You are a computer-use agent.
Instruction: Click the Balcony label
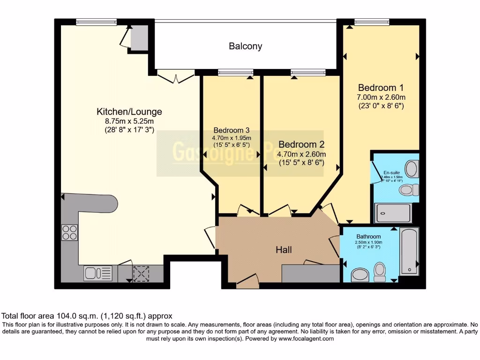point(245,46)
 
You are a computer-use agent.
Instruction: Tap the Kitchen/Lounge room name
point(129,112)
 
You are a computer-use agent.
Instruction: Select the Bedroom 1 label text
point(381,88)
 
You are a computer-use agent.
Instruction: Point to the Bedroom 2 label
point(301,144)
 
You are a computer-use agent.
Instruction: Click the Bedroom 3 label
point(232,130)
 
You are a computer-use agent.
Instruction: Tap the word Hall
point(283,250)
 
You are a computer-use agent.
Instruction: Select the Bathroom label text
point(368,237)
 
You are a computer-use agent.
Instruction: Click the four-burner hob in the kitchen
point(69,232)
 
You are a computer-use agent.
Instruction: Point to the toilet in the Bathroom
point(380,271)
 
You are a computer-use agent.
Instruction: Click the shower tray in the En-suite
point(393,213)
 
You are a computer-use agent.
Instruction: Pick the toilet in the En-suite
point(409,189)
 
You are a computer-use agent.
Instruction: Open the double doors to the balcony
point(175,76)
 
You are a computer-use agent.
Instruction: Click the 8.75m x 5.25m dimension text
point(129,121)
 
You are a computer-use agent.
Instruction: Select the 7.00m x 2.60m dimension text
point(381,97)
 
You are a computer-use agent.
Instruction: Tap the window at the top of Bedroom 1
point(372,21)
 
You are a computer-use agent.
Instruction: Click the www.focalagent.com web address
point(306,338)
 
